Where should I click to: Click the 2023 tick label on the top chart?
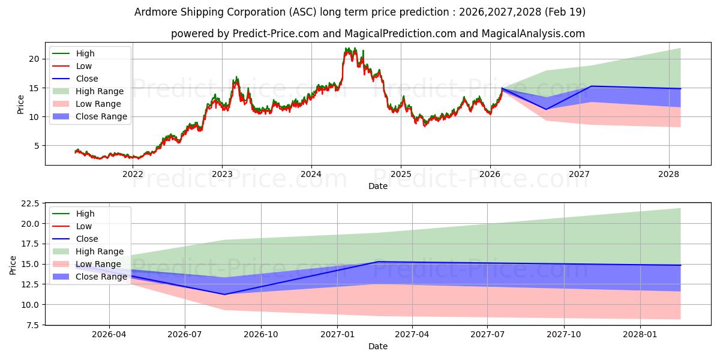click(222, 174)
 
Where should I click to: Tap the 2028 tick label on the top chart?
click(669, 174)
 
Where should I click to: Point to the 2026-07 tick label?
click(185, 335)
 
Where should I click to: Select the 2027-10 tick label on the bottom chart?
click(564, 335)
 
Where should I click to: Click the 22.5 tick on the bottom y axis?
click(30, 204)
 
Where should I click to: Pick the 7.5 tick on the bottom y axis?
click(32, 325)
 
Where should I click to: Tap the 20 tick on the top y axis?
click(34, 59)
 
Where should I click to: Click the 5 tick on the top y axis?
click(37, 146)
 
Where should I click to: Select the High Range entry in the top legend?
click(88, 91)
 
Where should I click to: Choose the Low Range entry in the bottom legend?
click(87, 264)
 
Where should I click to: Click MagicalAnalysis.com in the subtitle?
click(533, 34)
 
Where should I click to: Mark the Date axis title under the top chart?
click(378, 186)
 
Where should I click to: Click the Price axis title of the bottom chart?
click(13, 265)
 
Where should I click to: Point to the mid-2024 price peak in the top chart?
click(347, 49)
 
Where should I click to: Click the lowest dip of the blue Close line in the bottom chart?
click(224, 295)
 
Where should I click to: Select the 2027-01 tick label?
click(337, 335)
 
